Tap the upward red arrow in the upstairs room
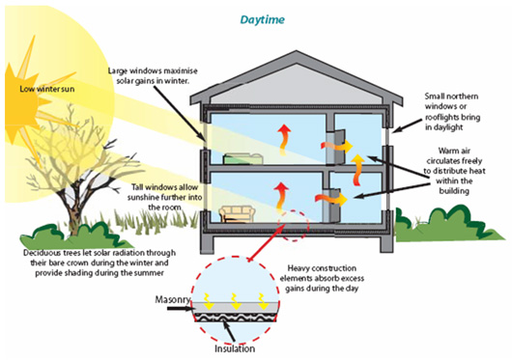tap(284, 134)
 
